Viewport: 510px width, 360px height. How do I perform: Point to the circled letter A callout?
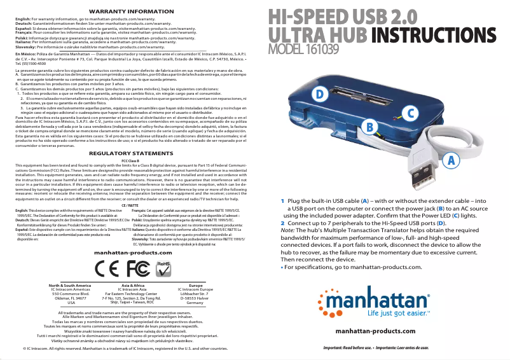[450, 159]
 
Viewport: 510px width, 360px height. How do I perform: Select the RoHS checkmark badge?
[163, 264]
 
